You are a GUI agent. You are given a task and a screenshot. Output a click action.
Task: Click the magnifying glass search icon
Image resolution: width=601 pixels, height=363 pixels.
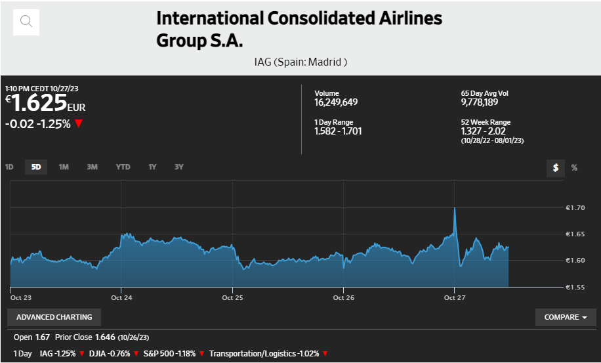(x=26, y=22)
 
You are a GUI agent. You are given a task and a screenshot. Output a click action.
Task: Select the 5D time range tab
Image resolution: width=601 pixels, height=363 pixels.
(x=36, y=167)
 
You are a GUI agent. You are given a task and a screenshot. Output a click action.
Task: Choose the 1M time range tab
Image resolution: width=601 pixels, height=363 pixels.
(x=64, y=167)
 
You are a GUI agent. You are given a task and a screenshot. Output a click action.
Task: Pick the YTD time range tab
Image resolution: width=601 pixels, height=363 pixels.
(x=123, y=167)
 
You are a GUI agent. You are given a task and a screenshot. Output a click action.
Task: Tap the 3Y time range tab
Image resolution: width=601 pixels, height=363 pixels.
(x=178, y=167)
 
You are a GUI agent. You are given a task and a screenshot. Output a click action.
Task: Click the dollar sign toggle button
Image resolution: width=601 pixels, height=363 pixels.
(x=556, y=168)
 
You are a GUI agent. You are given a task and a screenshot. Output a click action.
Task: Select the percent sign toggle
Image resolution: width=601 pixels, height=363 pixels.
(x=574, y=168)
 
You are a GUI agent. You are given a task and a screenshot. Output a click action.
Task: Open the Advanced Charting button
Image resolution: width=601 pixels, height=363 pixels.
(x=54, y=317)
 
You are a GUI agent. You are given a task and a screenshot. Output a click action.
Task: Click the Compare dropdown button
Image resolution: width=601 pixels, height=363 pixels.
(x=566, y=317)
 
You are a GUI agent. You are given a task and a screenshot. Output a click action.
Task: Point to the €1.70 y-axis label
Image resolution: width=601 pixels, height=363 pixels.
(x=575, y=208)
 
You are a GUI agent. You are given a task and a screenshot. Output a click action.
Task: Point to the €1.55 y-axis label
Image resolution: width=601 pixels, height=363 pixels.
(x=575, y=288)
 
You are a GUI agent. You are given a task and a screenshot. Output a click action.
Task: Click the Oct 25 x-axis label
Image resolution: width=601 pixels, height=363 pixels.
(x=232, y=298)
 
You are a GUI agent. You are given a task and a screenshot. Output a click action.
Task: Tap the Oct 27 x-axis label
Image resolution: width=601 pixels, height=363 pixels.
(x=455, y=298)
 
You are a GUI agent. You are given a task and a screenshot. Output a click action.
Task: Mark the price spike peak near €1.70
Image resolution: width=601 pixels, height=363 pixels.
(x=455, y=208)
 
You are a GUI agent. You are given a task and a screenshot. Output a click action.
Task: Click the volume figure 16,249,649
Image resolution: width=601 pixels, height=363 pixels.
(x=336, y=102)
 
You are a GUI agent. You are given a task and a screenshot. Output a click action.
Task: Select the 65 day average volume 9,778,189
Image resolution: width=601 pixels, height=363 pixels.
(x=479, y=102)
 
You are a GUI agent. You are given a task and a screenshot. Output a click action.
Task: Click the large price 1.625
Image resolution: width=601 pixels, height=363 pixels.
(x=39, y=103)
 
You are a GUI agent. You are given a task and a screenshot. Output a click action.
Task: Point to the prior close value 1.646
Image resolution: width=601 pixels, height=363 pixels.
(x=106, y=337)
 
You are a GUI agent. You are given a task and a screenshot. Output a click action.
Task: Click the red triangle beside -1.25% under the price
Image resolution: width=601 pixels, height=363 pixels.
(x=79, y=123)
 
